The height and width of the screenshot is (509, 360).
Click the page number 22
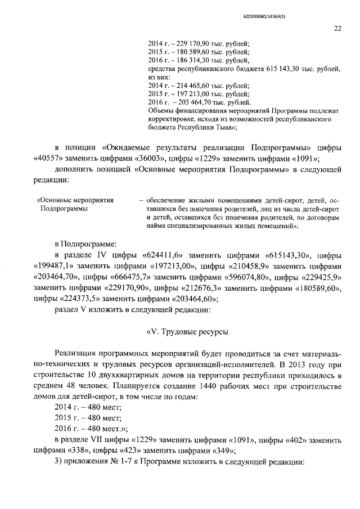point(337,29)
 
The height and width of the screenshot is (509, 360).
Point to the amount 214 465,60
point(190,85)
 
